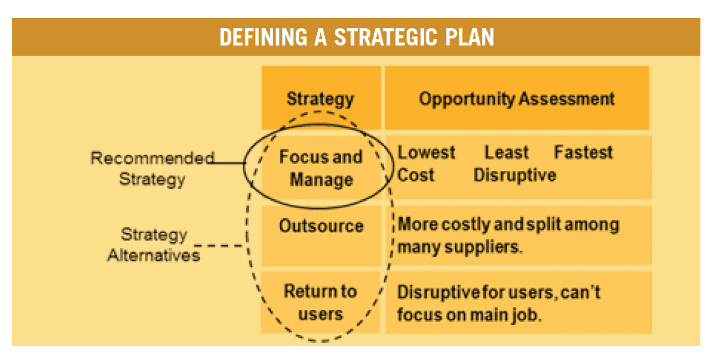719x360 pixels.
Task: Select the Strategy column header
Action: click(x=320, y=99)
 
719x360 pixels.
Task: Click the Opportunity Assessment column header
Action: click(x=517, y=99)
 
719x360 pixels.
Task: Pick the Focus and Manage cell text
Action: click(x=321, y=168)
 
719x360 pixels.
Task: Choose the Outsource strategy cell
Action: click(x=321, y=225)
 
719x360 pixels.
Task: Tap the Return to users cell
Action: click(x=320, y=303)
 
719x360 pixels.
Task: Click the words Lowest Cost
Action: click(x=426, y=163)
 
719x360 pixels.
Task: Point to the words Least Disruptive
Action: click(x=515, y=163)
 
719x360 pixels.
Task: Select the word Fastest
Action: click(x=583, y=152)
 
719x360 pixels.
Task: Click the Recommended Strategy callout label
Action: click(x=153, y=168)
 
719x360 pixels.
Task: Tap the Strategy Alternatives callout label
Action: click(x=154, y=245)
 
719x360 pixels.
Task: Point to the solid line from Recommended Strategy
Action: click(x=229, y=163)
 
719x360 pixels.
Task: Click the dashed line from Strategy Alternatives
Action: click(x=220, y=245)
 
